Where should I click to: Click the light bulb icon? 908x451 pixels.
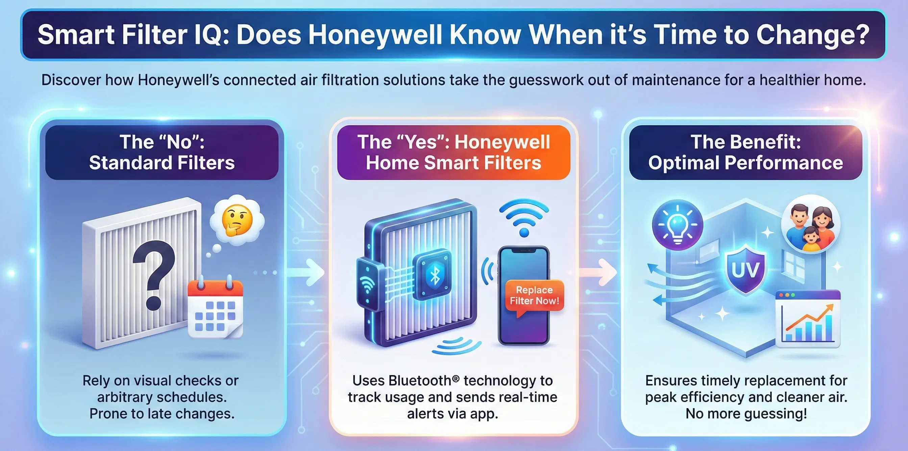click(x=678, y=225)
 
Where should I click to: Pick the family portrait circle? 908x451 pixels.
click(x=811, y=224)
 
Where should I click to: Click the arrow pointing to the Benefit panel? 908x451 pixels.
click(x=599, y=272)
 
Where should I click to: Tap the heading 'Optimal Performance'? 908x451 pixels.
click(x=745, y=163)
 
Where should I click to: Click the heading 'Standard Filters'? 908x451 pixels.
click(x=162, y=163)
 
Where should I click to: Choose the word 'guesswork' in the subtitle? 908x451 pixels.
click(x=546, y=80)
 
